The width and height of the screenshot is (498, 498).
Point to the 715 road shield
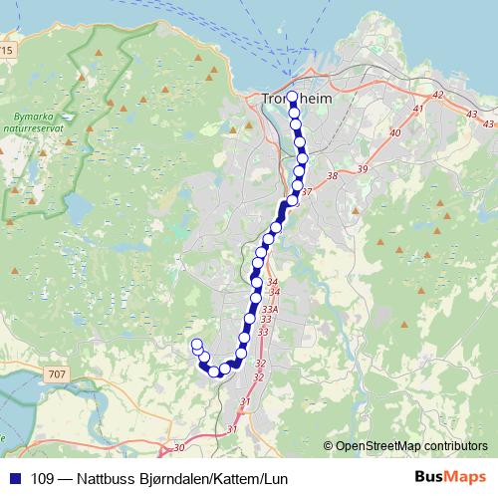click(x=7, y=49)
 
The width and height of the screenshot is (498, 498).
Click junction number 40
click(x=395, y=132)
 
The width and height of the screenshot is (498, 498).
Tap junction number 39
click(x=362, y=170)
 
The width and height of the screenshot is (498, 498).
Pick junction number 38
click(x=333, y=176)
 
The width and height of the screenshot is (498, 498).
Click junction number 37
click(x=307, y=192)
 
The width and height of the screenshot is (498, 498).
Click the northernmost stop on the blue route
click(x=292, y=98)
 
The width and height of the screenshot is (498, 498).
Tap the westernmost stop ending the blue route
click(x=196, y=345)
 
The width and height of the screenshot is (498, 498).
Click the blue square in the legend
click(x=15, y=479)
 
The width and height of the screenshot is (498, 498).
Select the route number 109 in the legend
click(x=44, y=479)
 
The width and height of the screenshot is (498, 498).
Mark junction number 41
click(x=418, y=109)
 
